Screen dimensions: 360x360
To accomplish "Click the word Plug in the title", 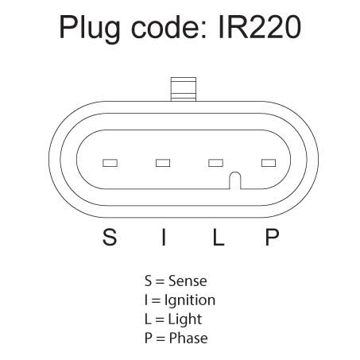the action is tap(89, 29).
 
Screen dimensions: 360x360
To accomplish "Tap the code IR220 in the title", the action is tap(260, 27).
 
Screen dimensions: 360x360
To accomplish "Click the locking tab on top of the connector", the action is tap(184, 89).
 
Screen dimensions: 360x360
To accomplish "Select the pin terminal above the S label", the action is tap(110, 163).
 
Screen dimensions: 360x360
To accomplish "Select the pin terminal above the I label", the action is tap(163, 163).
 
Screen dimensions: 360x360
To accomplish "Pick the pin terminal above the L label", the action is tap(215, 163).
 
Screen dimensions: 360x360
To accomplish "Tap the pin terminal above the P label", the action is tap(269, 163).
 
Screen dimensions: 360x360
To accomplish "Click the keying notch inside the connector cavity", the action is tap(235, 180).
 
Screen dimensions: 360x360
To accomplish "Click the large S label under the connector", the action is tap(110, 237).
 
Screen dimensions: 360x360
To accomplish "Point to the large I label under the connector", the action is tap(164, 237).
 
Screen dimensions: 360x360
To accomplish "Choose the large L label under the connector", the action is tap(219, 237).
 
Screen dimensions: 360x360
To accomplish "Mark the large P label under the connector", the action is tap(272, 237).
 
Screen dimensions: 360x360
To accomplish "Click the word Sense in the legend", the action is tap(188, 281).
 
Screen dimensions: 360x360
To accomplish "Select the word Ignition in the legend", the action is tap(190, 301).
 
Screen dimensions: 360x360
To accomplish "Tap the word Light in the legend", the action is tap(185, 319).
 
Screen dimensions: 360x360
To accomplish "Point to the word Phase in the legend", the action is tap(188, 339).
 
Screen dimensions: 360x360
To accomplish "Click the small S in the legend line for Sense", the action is tap(148, 281).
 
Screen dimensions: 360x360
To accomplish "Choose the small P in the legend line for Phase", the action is tap(149, 339).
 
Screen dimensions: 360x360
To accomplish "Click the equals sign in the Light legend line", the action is tap(160, 319).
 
